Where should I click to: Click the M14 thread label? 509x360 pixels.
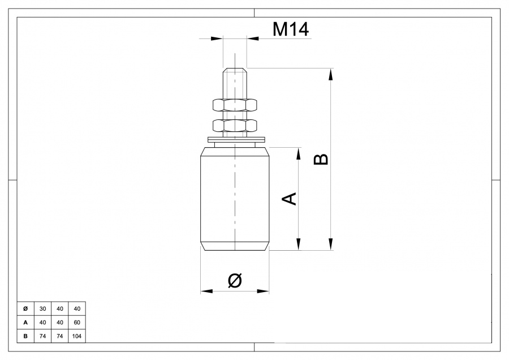point(291,29)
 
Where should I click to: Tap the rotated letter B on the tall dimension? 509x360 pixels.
point(321,160)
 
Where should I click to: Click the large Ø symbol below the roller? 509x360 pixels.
point(234,280)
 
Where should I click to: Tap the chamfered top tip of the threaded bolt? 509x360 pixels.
point(235,71)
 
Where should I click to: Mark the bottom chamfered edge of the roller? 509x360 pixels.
point(235,246)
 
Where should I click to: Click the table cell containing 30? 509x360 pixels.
point(42,308)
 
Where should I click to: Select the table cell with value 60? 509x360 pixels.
point(77,323)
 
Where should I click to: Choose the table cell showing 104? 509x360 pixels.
point(77,336)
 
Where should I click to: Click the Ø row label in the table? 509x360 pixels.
point(25,308)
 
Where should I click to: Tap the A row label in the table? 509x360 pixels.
point(25,323)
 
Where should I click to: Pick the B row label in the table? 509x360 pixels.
point(25,336)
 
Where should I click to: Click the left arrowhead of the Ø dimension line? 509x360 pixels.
point(205,291)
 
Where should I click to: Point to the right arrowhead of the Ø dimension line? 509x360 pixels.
point(264,291)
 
